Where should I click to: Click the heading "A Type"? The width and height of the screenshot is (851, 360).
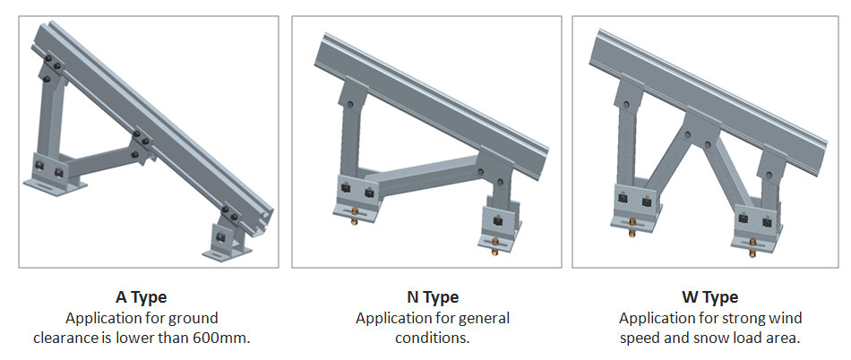141,297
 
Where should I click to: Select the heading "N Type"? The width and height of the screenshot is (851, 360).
433,297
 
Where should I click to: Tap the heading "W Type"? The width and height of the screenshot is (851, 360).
709,297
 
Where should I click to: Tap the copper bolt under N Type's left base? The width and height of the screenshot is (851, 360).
354,217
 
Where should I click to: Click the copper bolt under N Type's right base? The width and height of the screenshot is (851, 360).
495,245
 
